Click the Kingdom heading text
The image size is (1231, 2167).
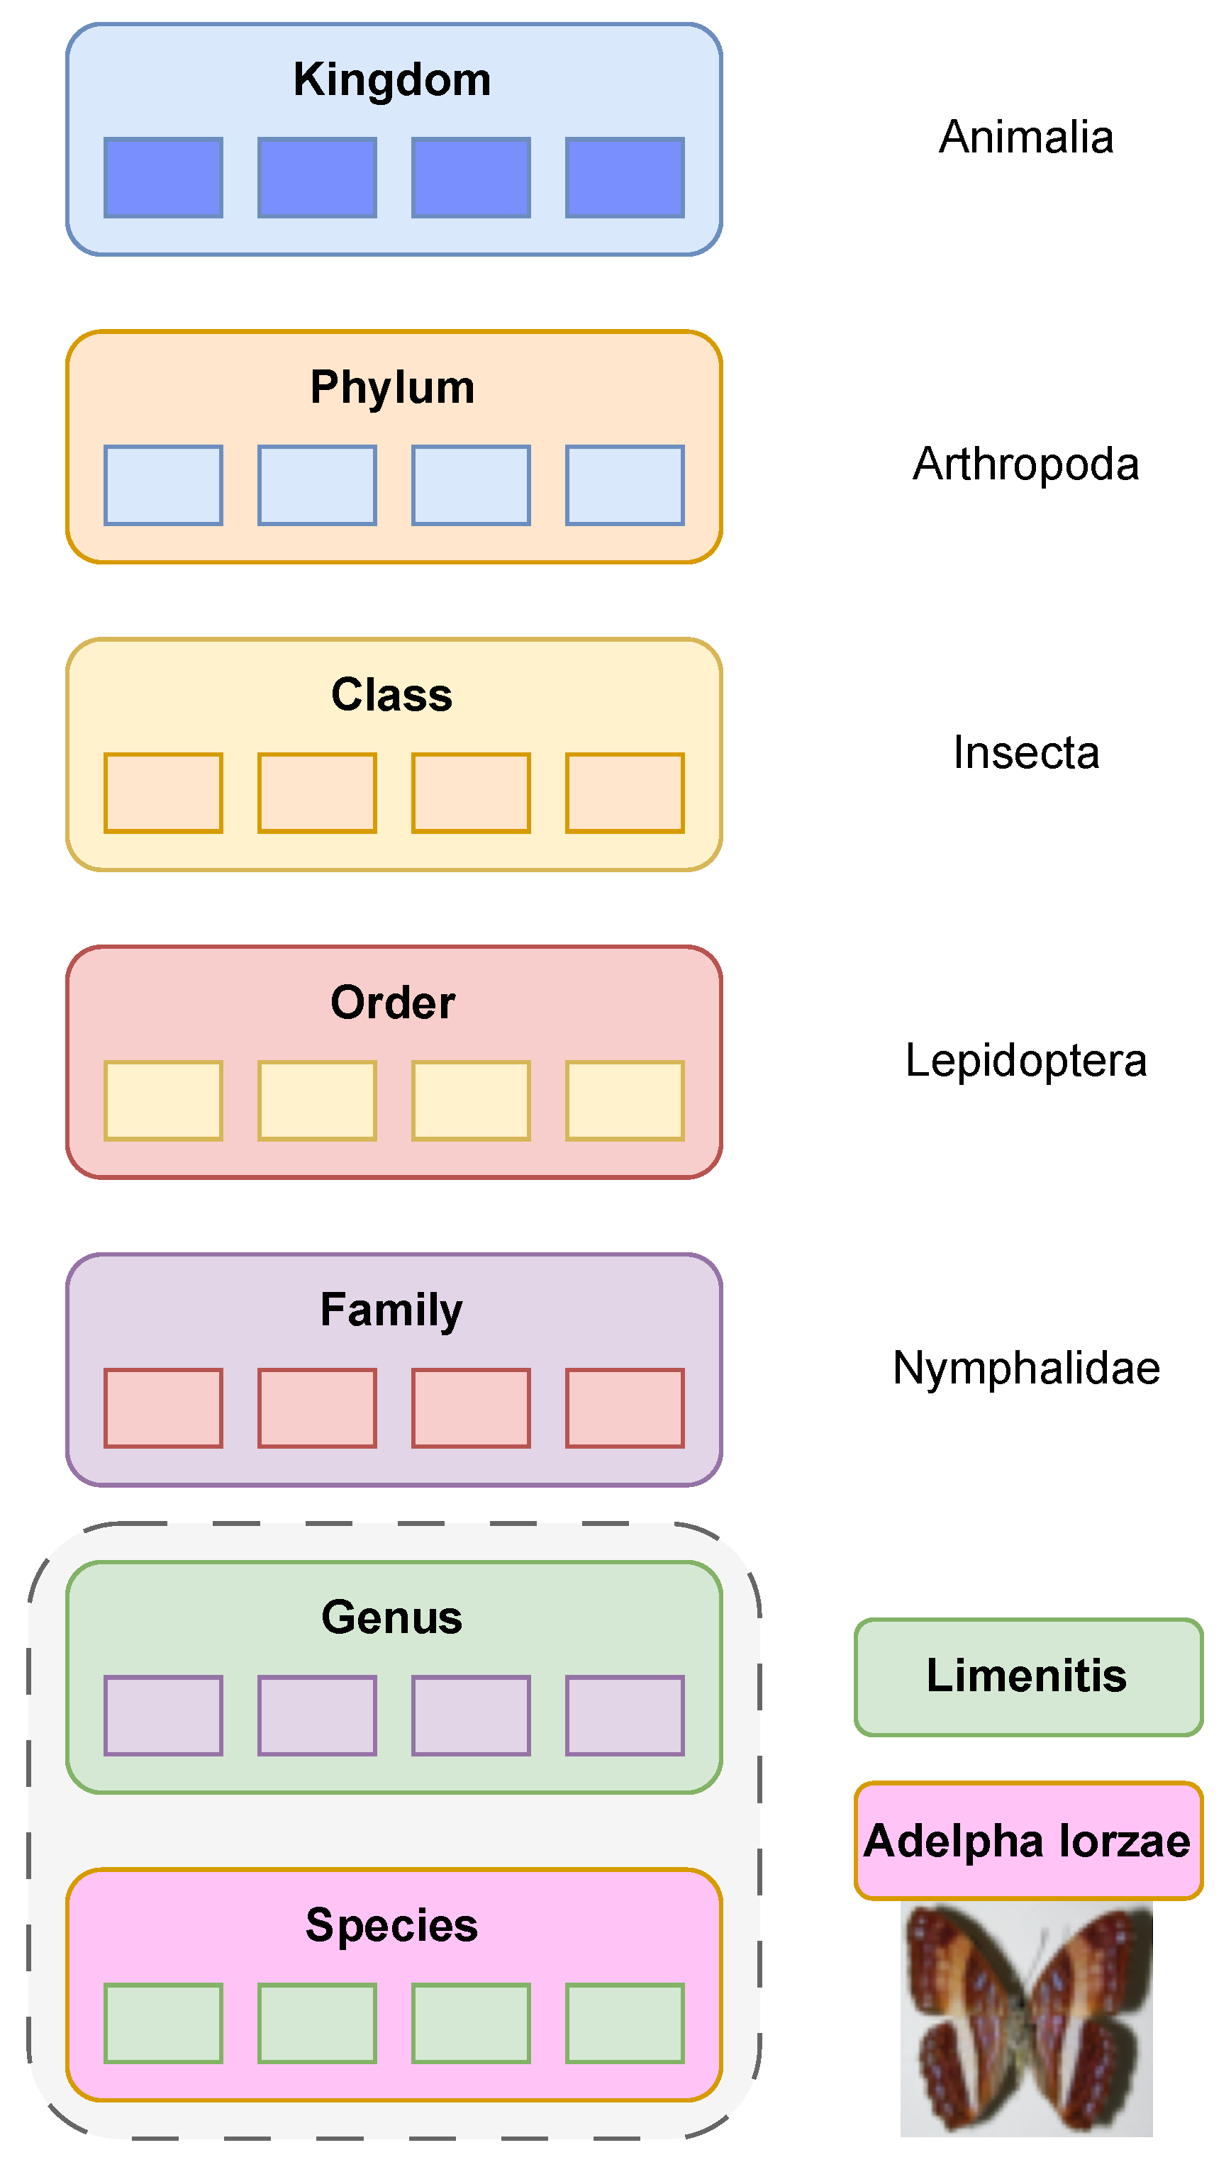[x=392, y=80]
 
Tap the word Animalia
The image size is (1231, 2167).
[x=1025, y=137]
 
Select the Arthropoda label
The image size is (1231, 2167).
[x=1025, y=464]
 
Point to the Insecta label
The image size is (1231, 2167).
[x=1025, y=752]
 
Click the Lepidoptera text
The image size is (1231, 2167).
[x=1025, y=1060]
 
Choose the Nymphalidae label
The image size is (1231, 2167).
[x=1025, y=1368]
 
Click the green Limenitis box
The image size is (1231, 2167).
[x=1027, y=1676]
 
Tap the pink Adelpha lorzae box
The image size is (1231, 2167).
[x=1027, y=1842]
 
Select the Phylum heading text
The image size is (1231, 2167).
[x=392, y=388]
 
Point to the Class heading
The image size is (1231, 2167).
[x=392, y=695]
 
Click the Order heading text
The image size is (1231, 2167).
[x=392, y=1003]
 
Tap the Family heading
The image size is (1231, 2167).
[x=392, y=1310]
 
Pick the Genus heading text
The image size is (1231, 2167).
[x=392, y=1618]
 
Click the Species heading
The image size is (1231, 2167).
[x=392, y=1926]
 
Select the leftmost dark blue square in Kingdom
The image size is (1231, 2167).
[x=163, y=177]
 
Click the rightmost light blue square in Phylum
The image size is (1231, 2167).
[x=625, y=485]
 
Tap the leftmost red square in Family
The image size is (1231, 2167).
[x=163, y=1408]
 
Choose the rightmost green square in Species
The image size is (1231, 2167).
[x=625, y=2024]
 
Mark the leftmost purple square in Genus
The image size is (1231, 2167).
[x=163, y=1716]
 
